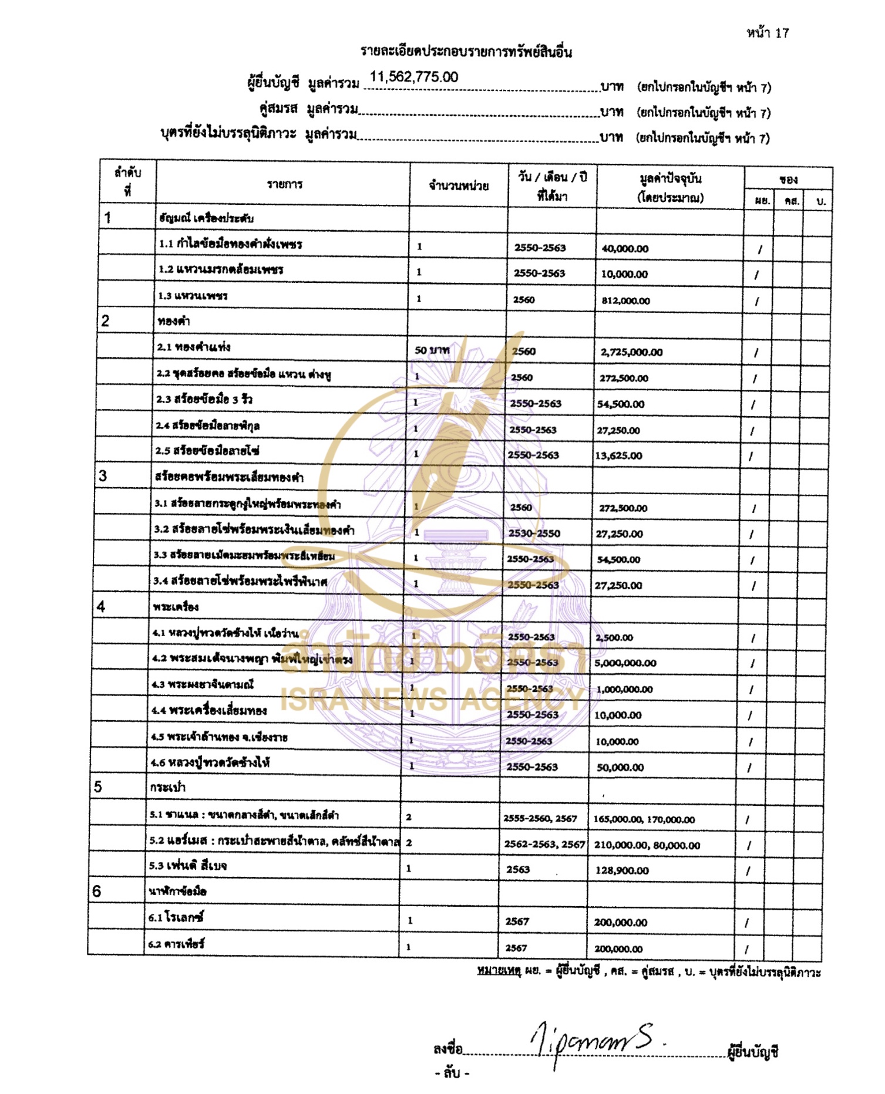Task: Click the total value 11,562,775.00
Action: (x=414, y=77)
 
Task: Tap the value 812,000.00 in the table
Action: (x=625, y=300)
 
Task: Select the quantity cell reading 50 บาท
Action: (x=432, y=350)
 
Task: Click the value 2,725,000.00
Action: (x=631, y=352)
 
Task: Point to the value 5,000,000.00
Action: (x=625, y=663)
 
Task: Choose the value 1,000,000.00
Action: (x=624, y=689)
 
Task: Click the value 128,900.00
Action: (x=622, y=870)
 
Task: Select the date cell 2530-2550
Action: (x=534, y=534)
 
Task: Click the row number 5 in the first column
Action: (x=98, y=787)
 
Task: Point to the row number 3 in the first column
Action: (x=103, y=476)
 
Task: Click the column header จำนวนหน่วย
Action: (x=459, y=186)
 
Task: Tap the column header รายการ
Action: (x=285, y=184)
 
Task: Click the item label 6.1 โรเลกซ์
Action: (x=176, y=917)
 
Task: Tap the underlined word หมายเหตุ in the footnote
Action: (x=499, y=971)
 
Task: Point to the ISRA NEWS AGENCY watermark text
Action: (x=432, y=699)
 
